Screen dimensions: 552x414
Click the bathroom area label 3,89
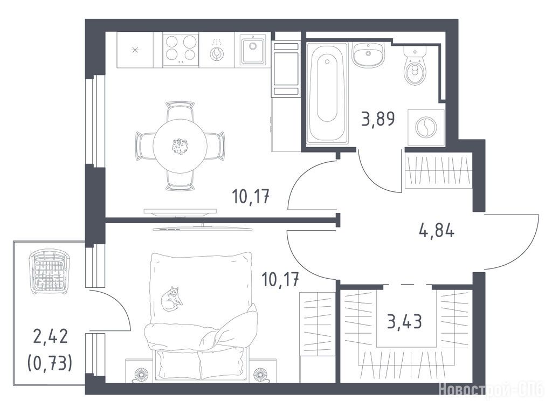click(378, 119)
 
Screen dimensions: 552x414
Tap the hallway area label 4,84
click(437, 231)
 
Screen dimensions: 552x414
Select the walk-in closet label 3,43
click(404, 321)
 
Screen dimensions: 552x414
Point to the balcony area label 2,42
click(50, 336)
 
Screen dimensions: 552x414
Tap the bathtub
click(327, 93)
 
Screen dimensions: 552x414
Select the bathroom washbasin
click(368, 54)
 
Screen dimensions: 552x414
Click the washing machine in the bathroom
click(426, 127)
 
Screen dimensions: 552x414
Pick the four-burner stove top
click(181, 50)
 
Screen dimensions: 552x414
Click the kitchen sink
click(252, 50)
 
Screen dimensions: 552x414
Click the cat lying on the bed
click(171, 299)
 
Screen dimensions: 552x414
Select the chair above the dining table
click(180, 111)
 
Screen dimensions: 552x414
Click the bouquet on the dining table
click(180, 146)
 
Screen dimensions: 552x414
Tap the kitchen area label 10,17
click(251, 196)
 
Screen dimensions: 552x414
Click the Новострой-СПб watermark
click(491, 390)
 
